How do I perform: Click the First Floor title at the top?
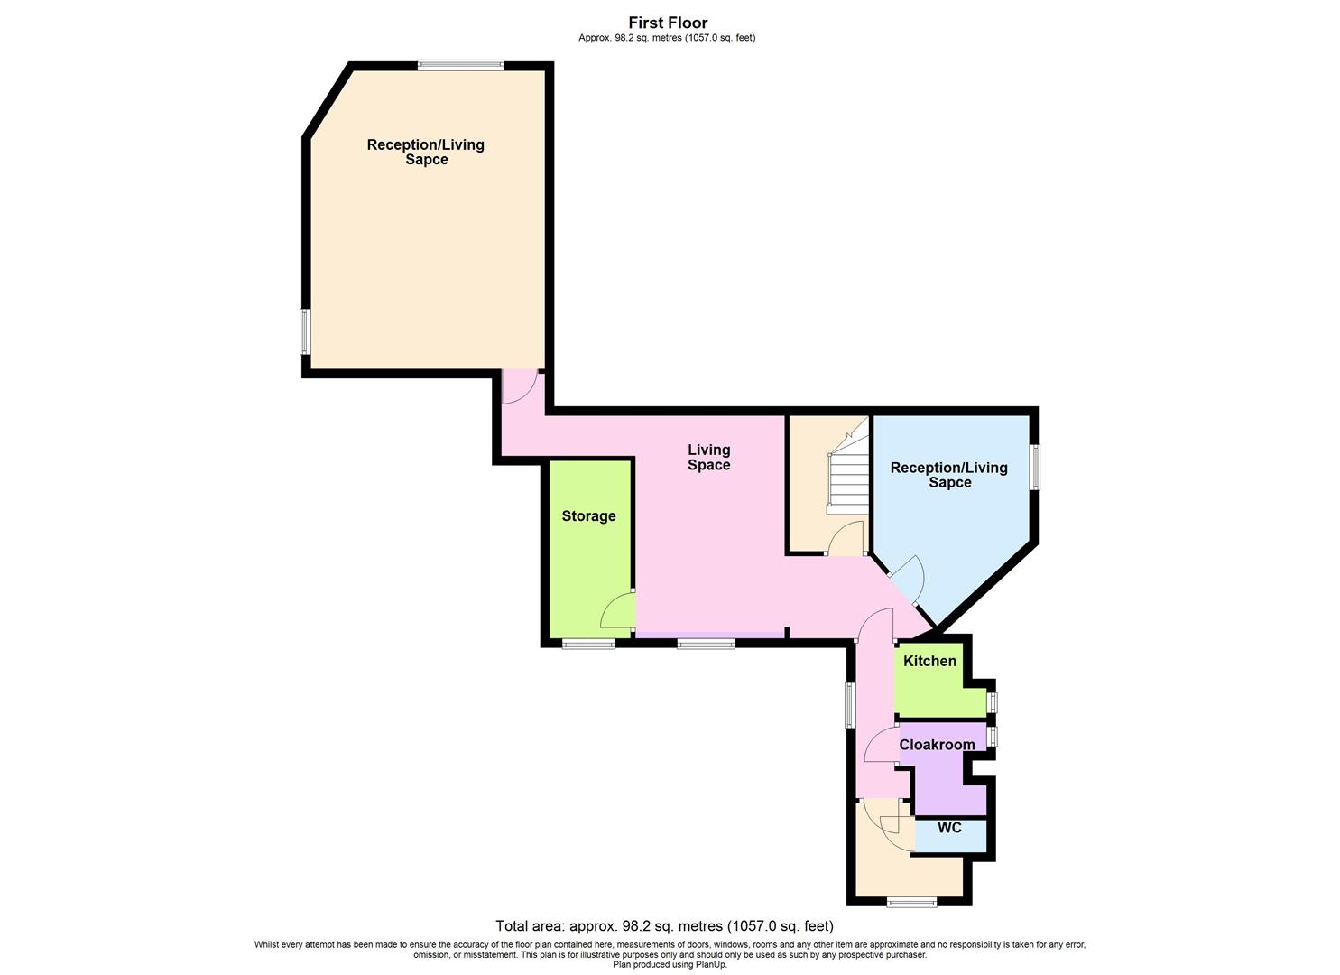[668, 23]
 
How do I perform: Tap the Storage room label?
[588, 516]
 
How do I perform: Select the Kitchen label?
[929, 661]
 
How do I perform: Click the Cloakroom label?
[937, 745]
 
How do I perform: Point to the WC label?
[949, 828]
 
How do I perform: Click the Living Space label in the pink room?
[708, 457]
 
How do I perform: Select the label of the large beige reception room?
[426, 152]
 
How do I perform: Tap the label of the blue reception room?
[949, 475]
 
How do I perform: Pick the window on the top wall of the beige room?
[460, 64]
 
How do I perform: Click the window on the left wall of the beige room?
[305, 331]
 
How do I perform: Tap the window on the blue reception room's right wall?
[1035, 466]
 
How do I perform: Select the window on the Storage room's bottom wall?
[588, 644]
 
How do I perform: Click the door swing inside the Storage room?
[618, 611]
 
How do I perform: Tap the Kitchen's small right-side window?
[993, 702]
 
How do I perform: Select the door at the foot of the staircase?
[846, 539]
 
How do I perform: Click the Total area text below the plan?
[664, 926]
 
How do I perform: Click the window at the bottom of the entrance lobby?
[911, 901]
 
